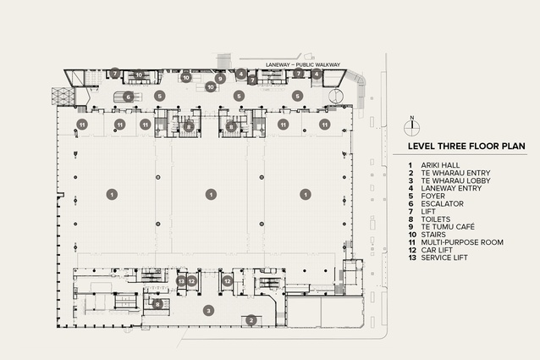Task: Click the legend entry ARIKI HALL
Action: pos(440,165)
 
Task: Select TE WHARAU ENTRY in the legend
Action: pos(455,173)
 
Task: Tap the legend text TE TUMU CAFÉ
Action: pos(448,227)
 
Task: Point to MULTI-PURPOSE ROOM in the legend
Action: pos(462,242)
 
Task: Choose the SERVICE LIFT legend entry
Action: pos(444,258)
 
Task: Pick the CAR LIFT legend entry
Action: pos(437,250)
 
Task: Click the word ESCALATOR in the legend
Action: pos(442,203)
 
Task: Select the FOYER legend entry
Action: pos(433,196)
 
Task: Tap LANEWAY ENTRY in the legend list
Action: pos(451,188)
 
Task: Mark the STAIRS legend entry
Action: pos(433,235)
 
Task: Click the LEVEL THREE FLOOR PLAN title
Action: pos(466,146)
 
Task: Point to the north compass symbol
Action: pos(412,127)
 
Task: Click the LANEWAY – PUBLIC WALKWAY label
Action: pos(303,64)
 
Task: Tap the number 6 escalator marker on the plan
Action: pos(128,97)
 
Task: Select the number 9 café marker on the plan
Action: pos(220,79)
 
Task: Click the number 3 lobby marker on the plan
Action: pos(208,311)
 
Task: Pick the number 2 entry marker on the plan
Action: pos(251,321)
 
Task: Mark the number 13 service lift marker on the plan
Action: pos(181,281)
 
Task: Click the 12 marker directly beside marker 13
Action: pos(192,281)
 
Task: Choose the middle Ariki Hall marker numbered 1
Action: pos(211,195)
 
